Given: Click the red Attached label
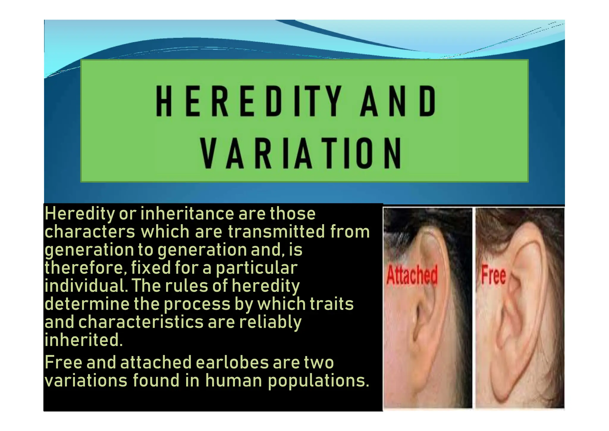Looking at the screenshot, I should point(412,275).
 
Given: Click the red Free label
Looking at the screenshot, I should point(493,275).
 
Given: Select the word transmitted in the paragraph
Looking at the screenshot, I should point(276,232).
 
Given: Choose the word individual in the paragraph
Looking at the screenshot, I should point(84,286).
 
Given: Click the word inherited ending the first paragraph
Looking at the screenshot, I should point(84,340).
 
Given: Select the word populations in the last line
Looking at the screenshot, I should point(318,381).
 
